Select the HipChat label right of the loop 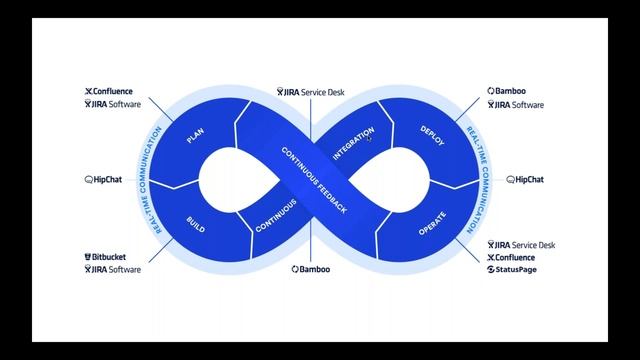525,180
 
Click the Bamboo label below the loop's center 312,270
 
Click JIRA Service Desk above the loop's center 312,92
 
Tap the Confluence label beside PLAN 112,91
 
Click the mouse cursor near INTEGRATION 370,139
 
